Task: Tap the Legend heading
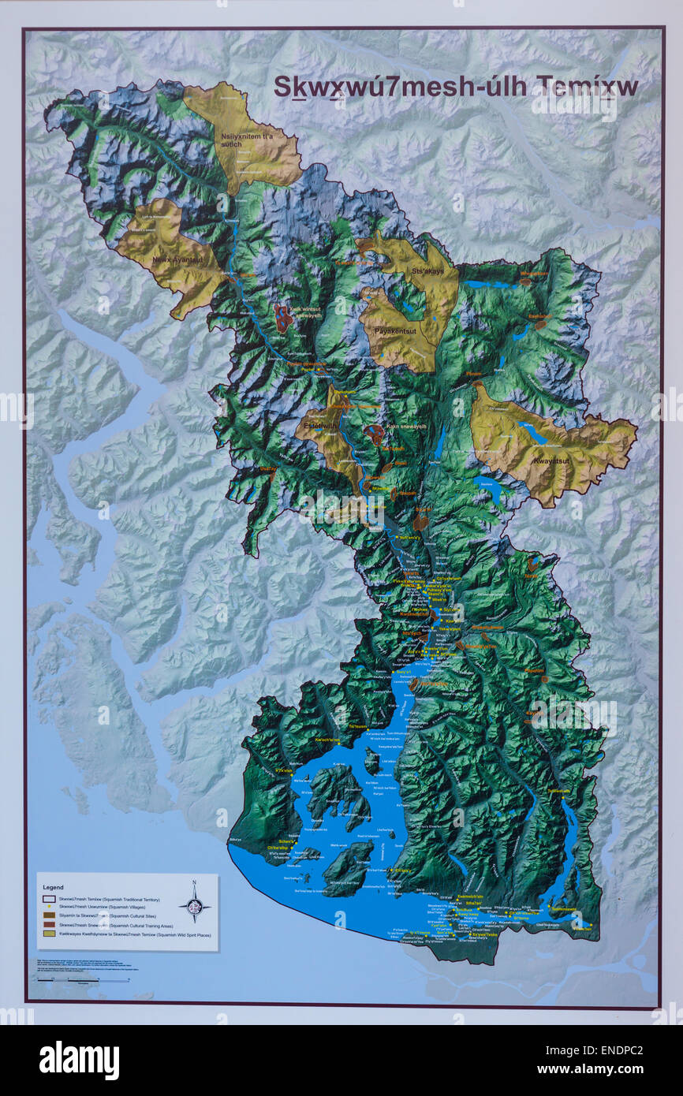[52, 887]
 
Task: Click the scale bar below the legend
[83, 980]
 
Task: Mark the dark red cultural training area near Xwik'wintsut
[282, 319]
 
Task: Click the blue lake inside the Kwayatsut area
[533, 433]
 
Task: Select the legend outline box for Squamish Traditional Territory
[47, 898]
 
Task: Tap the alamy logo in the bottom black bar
[79, 1061]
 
